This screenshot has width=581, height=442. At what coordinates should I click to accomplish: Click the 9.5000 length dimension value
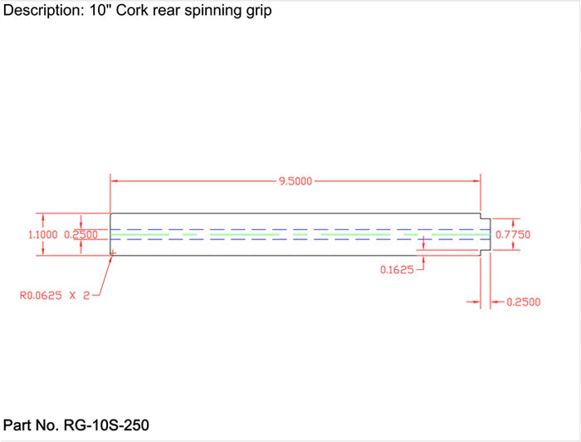295,181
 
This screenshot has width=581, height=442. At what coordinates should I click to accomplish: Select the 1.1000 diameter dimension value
44,235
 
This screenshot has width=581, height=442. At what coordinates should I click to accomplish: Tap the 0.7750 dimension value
512,235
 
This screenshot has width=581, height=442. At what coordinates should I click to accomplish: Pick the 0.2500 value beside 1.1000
81,235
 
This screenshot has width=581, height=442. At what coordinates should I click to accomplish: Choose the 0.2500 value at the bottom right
523,302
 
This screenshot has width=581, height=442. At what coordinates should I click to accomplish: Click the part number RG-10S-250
105,425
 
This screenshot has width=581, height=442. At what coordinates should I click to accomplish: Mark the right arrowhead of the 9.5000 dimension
476,180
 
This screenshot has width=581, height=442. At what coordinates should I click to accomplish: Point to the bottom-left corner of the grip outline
111,255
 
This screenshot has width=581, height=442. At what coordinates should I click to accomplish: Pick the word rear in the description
168,12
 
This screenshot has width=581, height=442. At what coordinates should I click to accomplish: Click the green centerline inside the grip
249,235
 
